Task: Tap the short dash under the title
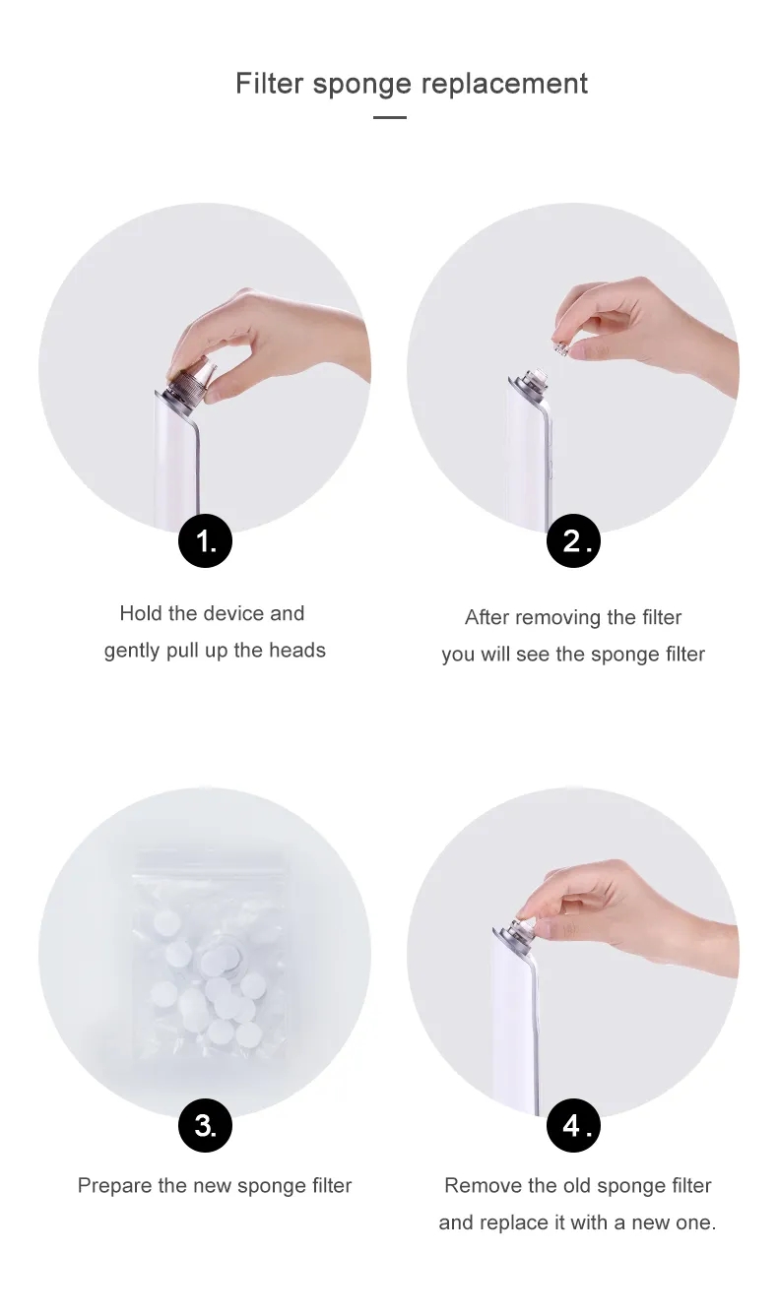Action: pyautogui.click(x=390, y=118)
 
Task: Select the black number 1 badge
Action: pyautogui.click(x=205, y=540)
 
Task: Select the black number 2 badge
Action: pyautogui.click(x=573, y=540)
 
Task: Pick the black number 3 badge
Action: pyautogui.click(x=205, y=1125)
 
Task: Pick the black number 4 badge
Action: pyautogui.click(x=573, y=1125)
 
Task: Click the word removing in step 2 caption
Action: pyautogui.click(x=557, y=618)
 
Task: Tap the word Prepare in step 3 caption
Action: pyautogui.click(x=114, y=1186)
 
